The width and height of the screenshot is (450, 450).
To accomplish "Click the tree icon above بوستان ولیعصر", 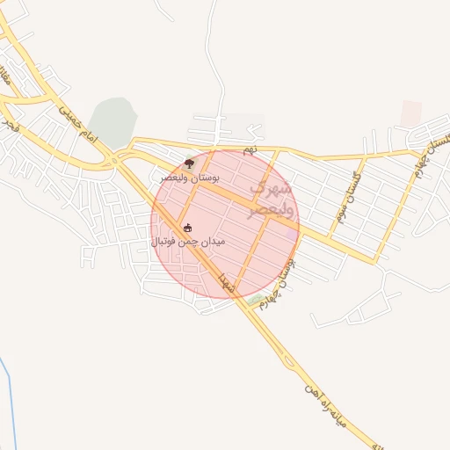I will pyautogui.click(x=189, y=163).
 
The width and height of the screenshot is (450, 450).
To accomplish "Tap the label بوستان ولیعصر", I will pyautogui.click(x=188, y=177).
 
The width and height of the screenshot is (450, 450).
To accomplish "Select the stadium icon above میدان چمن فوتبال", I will pyautogui.click(x=186, y=229).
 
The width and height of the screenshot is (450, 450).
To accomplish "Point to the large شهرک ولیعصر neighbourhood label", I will pyautogui.click(x=268, y=200).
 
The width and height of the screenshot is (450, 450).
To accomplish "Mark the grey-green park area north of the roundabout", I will pyautogui.click(x=113, y=121).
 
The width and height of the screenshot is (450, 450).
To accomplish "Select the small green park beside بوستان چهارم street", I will pyautogui.click(x=256, y=301).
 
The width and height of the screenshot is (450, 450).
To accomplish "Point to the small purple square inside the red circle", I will pyautogui.click(x=291, y=234).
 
